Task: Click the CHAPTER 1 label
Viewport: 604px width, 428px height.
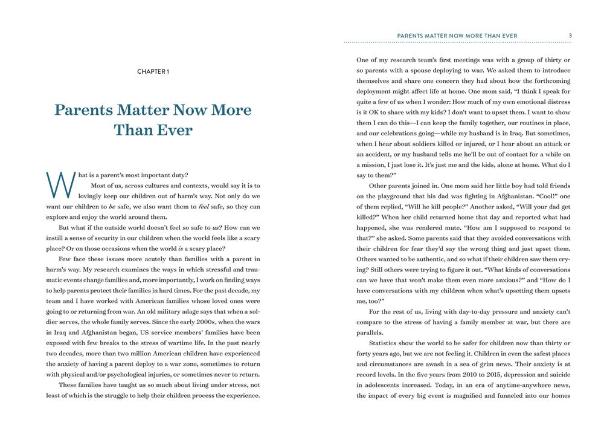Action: tap(153, 71)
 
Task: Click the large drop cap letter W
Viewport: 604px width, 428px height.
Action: tap(60, 184)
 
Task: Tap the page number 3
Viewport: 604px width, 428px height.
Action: tap(570, 36)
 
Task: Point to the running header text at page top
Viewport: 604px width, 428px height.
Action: tap(457, 36)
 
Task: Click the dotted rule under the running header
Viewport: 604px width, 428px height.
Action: tap(457, 43)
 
